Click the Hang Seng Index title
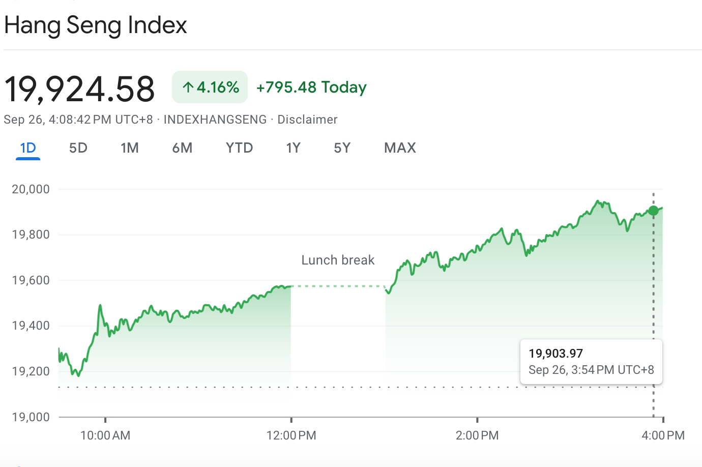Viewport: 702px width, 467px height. coord(96,25)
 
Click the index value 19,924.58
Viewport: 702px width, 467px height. coord(79,89)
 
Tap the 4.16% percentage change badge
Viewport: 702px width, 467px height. coord(210,87)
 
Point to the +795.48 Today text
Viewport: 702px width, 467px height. coord(311,87)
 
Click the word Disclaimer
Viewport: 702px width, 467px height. coord(307,120)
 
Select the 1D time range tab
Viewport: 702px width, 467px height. coord(28,148)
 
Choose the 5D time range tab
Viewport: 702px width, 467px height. coord(78,148)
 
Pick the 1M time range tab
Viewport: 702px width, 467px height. coord(130,148)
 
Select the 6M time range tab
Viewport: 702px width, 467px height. coord(182,148)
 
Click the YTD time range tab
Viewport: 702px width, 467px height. coord(239,148)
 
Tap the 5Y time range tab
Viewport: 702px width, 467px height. coord(342,148)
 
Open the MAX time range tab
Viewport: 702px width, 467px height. coord(400,148)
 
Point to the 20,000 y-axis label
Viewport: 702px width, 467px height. coord(31,189)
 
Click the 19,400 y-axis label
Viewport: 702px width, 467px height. coord(31,326)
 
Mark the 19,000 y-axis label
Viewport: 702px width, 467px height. coord(31,417)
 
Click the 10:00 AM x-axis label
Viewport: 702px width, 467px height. coord(105,435)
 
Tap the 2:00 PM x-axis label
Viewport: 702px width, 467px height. coord(477,435)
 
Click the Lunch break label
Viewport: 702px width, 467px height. coord(338,260)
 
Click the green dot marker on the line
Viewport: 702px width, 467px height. coord(654,211)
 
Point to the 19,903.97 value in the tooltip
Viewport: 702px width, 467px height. coord(555,354)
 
